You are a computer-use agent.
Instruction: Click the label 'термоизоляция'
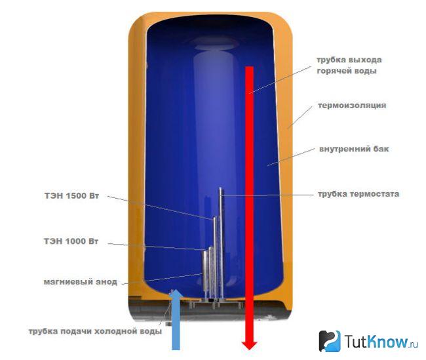[x=352, y=106]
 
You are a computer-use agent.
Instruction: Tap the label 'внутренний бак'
[x=354, y=149]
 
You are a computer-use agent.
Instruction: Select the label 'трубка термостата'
[x=358, y=194]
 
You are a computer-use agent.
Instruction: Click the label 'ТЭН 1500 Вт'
[x=71, y=196]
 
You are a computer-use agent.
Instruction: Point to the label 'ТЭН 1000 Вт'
[x=71, y=241]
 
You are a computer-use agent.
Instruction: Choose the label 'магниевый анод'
[x=81, y=282]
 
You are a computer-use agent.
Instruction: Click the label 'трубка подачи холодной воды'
[x=95, y=331]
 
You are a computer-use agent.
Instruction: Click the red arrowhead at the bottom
[x=250, y=345]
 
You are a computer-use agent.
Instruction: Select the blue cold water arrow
[x=176, y=320]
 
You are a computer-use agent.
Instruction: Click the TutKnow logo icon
[x=330, y=341]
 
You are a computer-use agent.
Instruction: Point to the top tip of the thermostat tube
[x=220, y=188]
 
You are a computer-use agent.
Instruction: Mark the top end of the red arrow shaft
[x=250, y=67]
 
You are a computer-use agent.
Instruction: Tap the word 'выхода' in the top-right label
[x=365, y=60]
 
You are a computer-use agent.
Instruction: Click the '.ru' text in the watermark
[x=413, y=344]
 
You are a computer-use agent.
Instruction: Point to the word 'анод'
[x=106, y=282]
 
